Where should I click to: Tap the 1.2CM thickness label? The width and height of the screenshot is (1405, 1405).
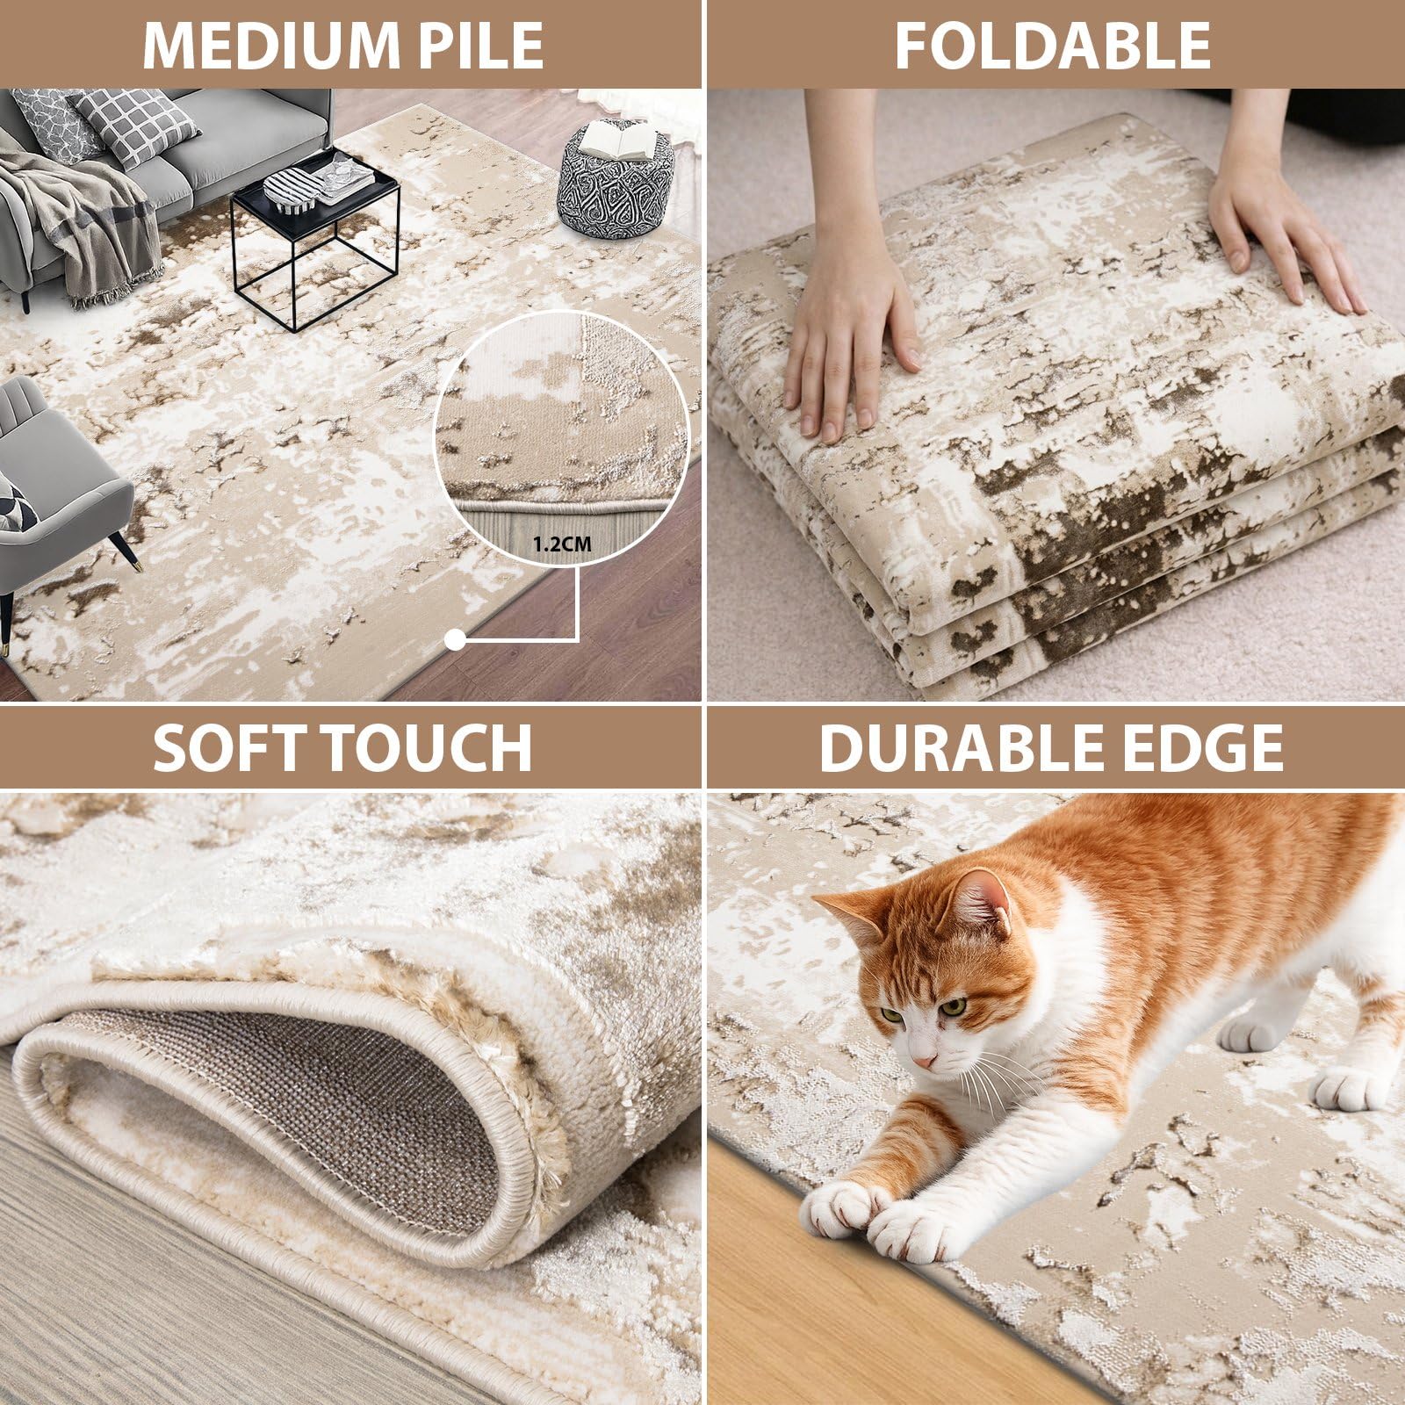pos(563,544)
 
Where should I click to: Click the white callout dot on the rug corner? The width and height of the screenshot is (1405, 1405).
pos(455,640)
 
